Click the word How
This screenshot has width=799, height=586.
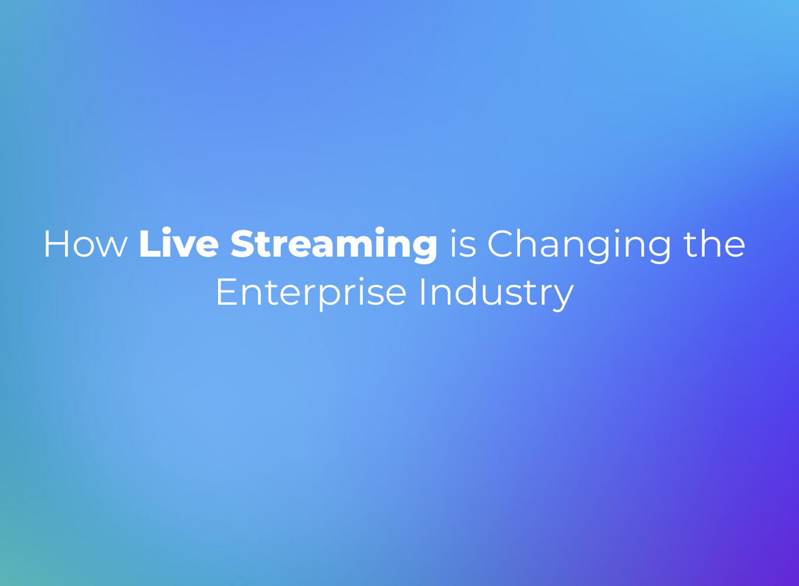point(86,244)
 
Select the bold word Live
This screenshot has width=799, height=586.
point(179,243)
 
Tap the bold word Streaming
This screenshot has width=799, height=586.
point(334,246)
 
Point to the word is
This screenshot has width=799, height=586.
point(463,243)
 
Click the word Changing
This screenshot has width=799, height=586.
point(579,246)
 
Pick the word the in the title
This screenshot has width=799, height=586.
point(715,243)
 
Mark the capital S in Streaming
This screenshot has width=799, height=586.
point(243,244)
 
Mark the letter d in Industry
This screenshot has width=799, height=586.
point(464,292)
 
